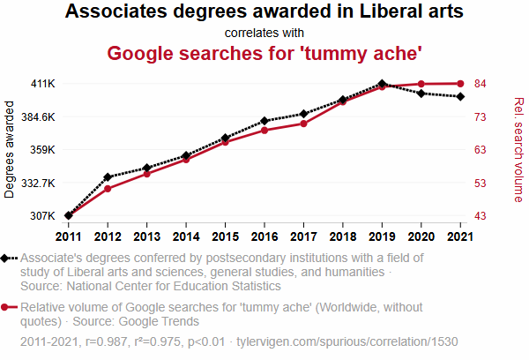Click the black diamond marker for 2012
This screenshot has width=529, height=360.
tap(108, 177)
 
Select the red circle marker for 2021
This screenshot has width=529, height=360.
tap(460, 84)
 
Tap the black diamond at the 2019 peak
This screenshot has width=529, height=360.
tap(382, 84)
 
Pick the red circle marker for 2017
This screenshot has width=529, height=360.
tap(303, 124)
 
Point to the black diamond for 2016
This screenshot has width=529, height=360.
tap(264, 121)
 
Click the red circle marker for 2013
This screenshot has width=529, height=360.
tap(146, 174)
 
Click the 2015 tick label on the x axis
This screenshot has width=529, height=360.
tap(225, 236)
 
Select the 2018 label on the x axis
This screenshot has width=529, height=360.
tap(342, 236)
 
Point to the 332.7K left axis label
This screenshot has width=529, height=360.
tap(39, 183)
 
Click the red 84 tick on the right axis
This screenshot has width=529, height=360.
tap(481, 84)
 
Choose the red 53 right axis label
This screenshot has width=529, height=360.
tap(481, 183)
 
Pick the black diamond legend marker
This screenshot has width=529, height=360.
tap(7, 259)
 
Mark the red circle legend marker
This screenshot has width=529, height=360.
tap(7, 308)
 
